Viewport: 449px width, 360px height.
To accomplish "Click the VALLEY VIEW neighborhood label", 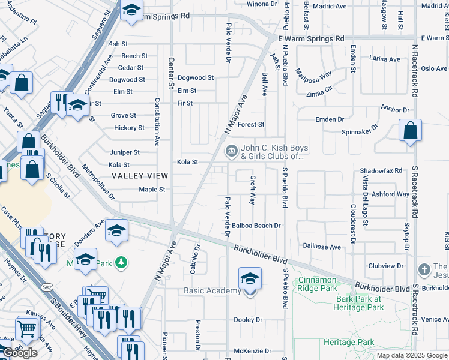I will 139,176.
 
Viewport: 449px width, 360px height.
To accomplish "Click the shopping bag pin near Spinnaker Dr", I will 410,131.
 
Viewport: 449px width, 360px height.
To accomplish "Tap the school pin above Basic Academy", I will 250,279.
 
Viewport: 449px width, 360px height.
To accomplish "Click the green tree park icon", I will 121,262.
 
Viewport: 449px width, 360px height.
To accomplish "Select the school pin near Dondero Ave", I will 117,232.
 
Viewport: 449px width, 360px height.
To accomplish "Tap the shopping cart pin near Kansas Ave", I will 26,328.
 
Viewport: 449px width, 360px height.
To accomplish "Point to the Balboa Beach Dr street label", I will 257,226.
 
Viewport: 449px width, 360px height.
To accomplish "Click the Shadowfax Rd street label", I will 381,171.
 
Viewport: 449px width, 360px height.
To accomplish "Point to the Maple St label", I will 152,190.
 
